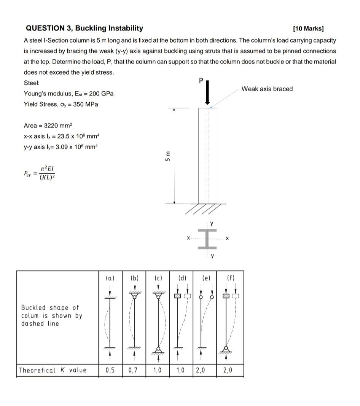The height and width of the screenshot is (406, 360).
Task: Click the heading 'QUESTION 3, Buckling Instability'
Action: click(84, 28)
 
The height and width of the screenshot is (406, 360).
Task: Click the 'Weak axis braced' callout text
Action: click(267, 89)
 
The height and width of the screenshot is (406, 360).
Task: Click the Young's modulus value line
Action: click(68, 94)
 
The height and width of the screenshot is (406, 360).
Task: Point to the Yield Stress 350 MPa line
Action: click(61, 104)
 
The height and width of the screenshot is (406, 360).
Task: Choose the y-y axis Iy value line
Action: click(61, 147)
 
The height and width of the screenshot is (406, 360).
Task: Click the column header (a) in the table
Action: click(110, 278)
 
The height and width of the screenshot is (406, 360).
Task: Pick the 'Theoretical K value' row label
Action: click(53, 370)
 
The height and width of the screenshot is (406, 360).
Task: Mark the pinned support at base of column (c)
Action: click(158, 348)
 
